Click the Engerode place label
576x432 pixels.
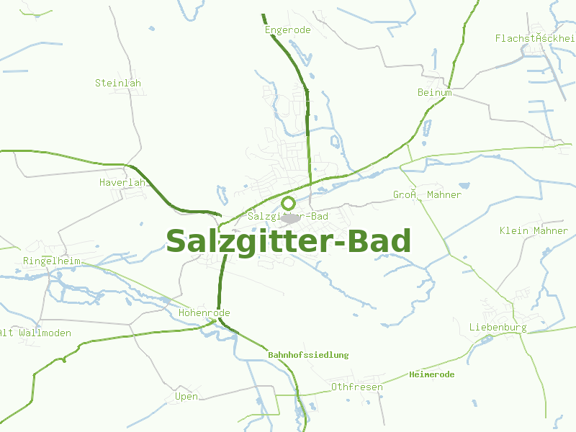pyautogui.click(x=287, y=30)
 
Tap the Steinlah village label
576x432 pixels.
pyautogui.click(x=118, y=83)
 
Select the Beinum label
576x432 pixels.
pyautogui.click(x=435, y=92)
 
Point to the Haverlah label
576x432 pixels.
pyautogui.click(x=125, y=183)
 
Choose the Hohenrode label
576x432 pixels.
pyautogui.click(x=204, y=313)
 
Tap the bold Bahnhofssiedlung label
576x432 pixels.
pyautogui.click(x=308, y=355)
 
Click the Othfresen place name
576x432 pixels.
pyautogui.click(x=356, y=387)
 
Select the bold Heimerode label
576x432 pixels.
pyautogui.click(x=431, y=374)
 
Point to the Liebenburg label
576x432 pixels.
pyautogui.click(x=498, y=328)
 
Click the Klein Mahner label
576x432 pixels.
pyautogui.click(x=534, y=231)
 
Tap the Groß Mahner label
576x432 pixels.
pyautogui.click(x=427, y=195)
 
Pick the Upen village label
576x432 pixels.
pyautogui.click(x=186, y=397)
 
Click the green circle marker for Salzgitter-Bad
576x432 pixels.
pyautogui.click(x=288, y=203)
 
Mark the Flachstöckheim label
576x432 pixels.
pyautogui.click(x=535, y=38)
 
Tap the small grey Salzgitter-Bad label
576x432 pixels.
pyautogui.click(x=288, y=216)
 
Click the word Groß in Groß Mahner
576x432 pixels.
pyautogui.click(x=406, y=195)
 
